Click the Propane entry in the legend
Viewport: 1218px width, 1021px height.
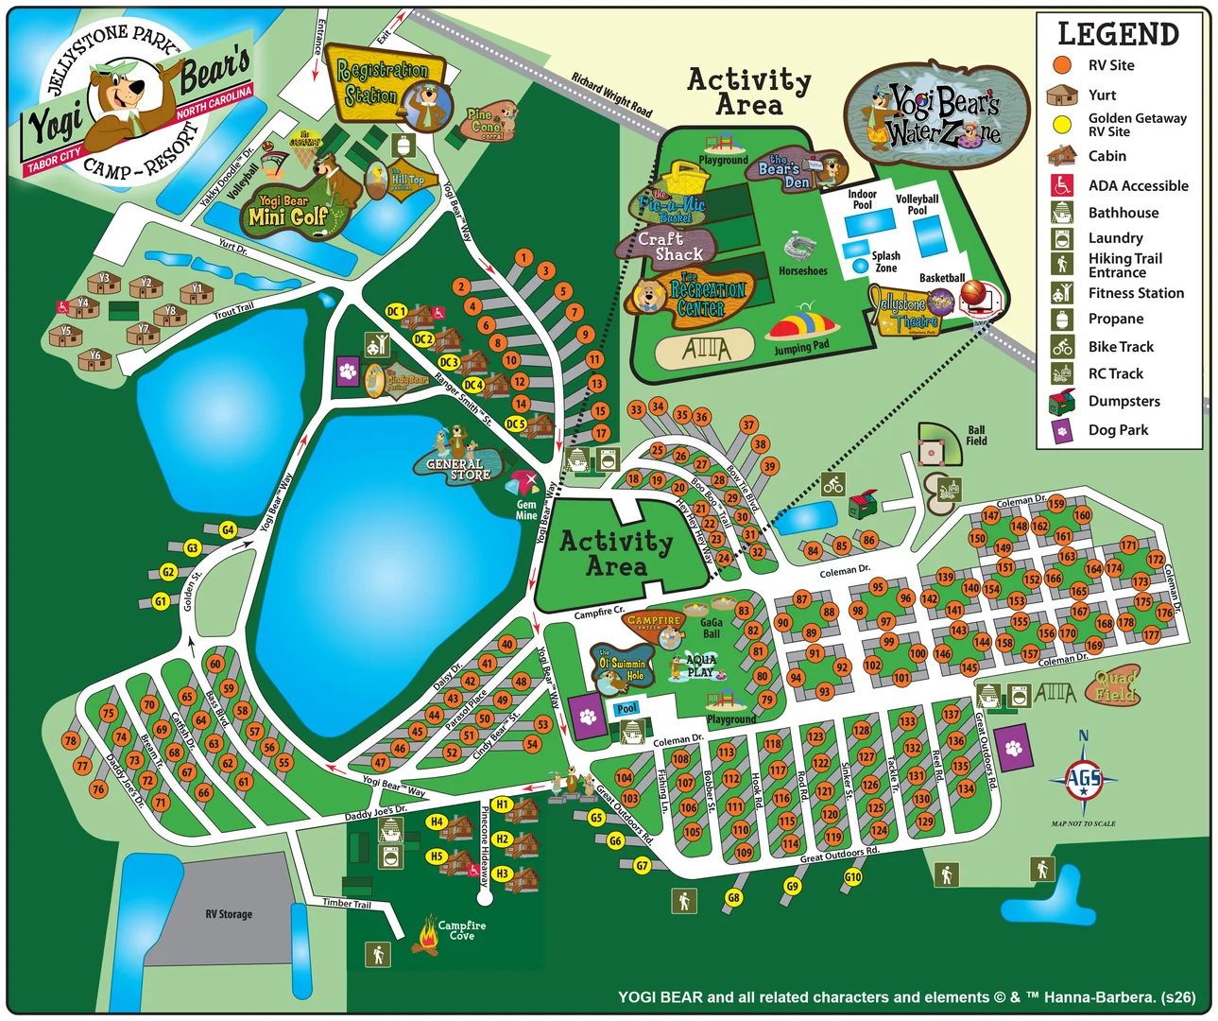[1115, 320]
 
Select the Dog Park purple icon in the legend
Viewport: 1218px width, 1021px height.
[1062, 430]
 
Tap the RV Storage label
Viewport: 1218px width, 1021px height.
[229, 914]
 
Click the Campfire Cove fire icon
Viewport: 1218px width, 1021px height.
[427, 936]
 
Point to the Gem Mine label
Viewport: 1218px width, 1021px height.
[526, 510]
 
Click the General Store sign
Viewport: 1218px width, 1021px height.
[457, 469]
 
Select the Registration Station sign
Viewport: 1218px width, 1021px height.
[383, 85]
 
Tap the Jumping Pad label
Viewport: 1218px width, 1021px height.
[801, 348]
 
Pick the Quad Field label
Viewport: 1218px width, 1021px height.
[1115, 686]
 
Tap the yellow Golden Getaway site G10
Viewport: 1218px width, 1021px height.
[852, 876]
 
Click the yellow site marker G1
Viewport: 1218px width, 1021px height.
[161, 601]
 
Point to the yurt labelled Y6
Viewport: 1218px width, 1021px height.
[94, 358]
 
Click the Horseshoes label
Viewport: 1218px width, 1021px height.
[802, 271]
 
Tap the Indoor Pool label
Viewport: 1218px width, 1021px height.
[862, 199]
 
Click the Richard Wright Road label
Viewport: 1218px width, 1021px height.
[611, 95]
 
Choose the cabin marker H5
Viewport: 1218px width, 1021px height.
[437, 857]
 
